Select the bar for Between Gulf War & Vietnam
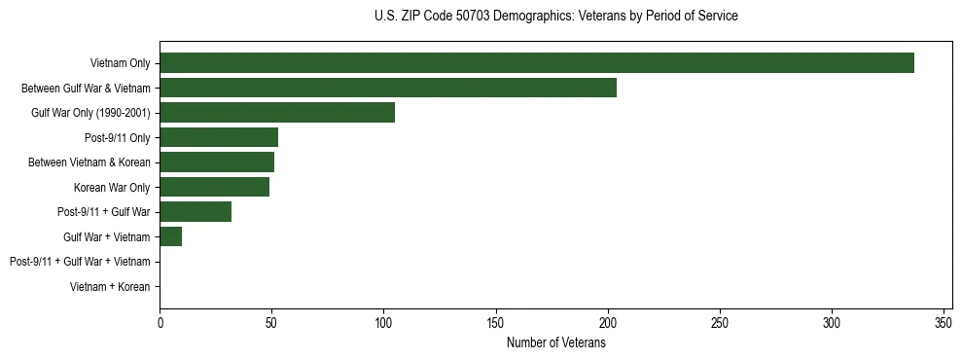point(388,88)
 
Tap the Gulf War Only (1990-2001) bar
point(277,113)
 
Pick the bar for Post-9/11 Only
point(219,137)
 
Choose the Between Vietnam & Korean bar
point(217,162)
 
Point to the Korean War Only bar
point(215,187)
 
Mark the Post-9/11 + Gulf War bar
point(196,212)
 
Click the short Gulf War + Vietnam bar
point(171,236)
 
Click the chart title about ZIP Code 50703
point(555,17)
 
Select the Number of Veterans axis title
point(555,342)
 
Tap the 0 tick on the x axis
point(160,322)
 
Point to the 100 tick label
point(384,322)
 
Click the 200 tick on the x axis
point(608,322)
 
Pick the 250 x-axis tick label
point(720,322)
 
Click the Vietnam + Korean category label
point(110,287)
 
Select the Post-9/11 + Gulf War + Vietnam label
point(80,262)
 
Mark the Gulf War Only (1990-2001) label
point(90,113)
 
